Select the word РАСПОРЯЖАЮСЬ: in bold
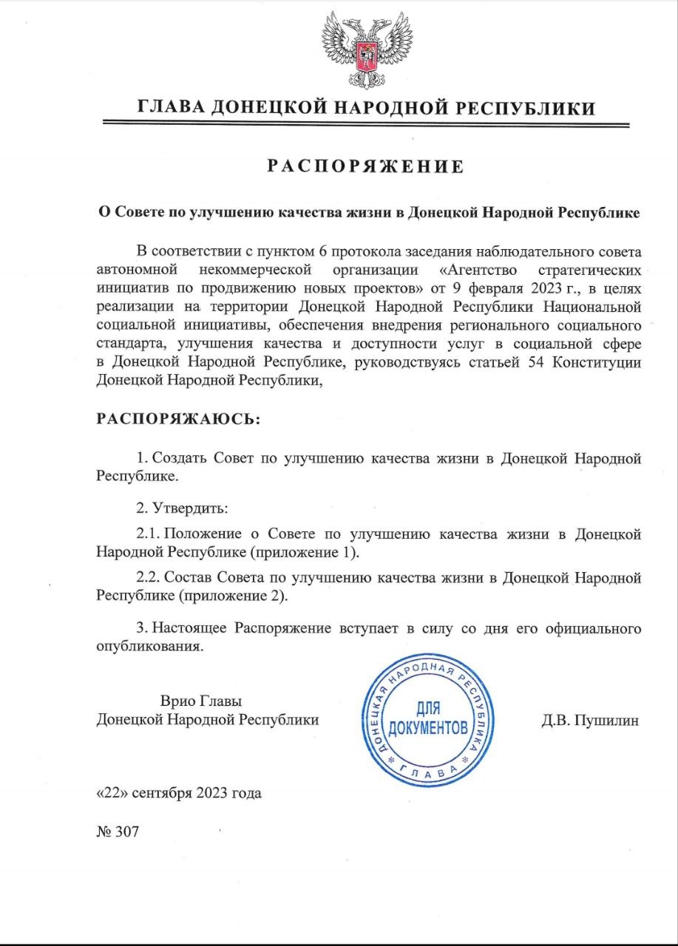point(178,419)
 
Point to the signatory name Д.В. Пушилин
point(590,719)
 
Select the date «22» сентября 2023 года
point(179,794)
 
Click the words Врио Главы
point(202,700)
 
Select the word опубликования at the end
point(149,647)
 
